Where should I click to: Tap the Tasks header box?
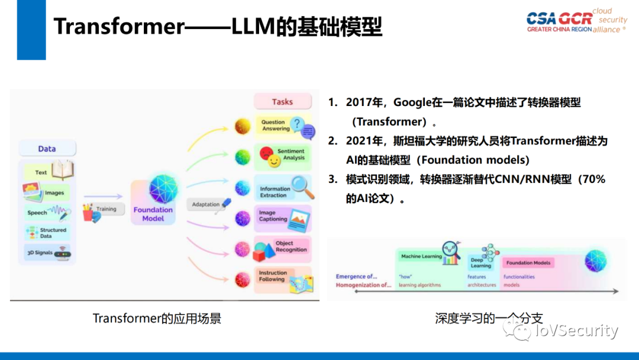pos(282,102)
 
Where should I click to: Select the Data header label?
pos(47,149)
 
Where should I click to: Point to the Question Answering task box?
pos(283,126)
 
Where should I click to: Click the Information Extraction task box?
pos(283,188)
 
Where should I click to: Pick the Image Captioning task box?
pos(283,217)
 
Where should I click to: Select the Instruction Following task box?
pos(283,278)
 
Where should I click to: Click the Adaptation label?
pos(206,205)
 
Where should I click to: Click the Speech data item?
pos(47,213)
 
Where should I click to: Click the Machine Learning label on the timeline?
pos(421,256)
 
